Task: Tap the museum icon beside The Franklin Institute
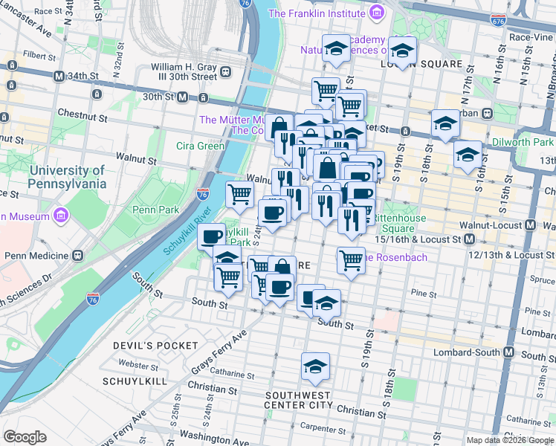pos(376,13)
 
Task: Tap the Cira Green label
pos(200,146)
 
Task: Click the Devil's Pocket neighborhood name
pos(155,346)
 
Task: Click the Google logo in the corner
pos(25,437)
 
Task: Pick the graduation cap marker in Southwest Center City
pos(315,366)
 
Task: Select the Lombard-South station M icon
pos(509,352)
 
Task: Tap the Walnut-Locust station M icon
pos(531,225)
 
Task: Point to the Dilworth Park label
pos(523,142)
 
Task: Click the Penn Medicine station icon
pos(77,254)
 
